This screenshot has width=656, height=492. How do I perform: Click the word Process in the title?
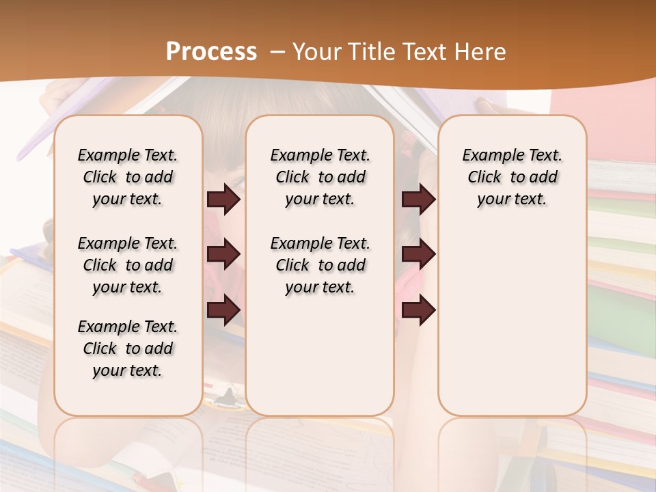[211, 52]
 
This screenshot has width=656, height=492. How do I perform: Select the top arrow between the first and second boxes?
[223, 199]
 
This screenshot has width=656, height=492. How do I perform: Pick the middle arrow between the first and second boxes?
[223, 254]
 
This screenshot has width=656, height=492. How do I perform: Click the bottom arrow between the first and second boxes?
[223, 310]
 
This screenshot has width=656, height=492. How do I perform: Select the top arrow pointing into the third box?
[418, 199]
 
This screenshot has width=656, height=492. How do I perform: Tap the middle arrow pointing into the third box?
[418, 254]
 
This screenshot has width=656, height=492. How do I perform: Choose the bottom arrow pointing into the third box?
[418, 310]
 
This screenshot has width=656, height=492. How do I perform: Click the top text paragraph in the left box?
[128, 177]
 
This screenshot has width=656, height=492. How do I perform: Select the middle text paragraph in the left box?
[128, 265]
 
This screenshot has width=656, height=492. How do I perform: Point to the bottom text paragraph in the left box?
[128, 348]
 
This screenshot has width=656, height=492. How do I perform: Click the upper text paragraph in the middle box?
[320, 177]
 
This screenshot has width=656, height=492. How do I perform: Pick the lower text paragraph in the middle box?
[320, 265]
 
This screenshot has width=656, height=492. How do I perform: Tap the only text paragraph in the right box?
[512, 177]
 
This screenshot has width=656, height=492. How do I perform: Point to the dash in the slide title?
[277, 53]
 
